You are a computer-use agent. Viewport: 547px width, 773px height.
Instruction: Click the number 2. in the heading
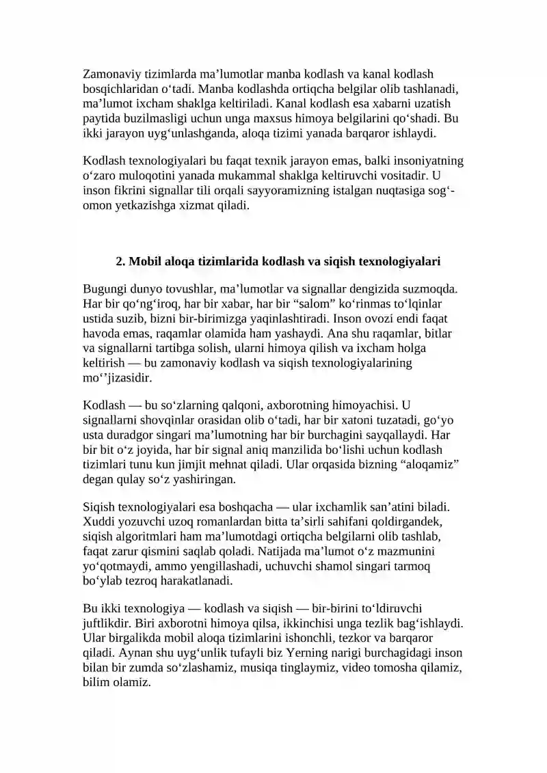pos(121,261)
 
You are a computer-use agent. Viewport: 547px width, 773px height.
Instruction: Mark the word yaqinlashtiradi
pos(280,318)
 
